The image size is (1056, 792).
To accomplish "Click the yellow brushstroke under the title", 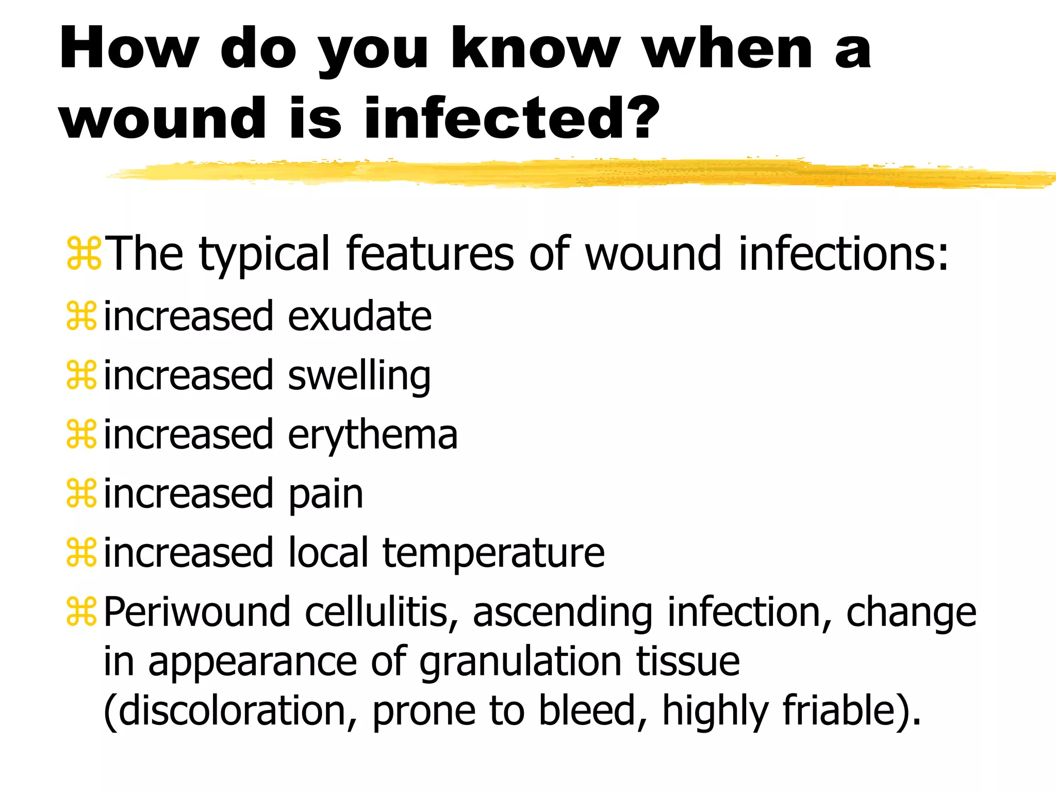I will click(567, 173).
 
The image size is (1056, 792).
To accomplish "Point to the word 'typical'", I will click(264, 254).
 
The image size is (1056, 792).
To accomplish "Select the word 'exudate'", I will click(359, 316).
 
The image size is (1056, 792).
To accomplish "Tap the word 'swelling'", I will click(359, 376).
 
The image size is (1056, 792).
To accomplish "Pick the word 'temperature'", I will click(493, 553).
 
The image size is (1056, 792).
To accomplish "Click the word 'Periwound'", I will click(197, 612).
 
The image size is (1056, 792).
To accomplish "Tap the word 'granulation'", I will click(520, 662).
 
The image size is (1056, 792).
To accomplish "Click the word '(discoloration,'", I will click(230, 710).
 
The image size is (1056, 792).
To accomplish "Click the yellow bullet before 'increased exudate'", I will click(81, 316).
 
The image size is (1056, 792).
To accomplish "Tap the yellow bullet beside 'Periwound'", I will click(81, 612).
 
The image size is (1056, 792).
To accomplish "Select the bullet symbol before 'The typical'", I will click(84, 253).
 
